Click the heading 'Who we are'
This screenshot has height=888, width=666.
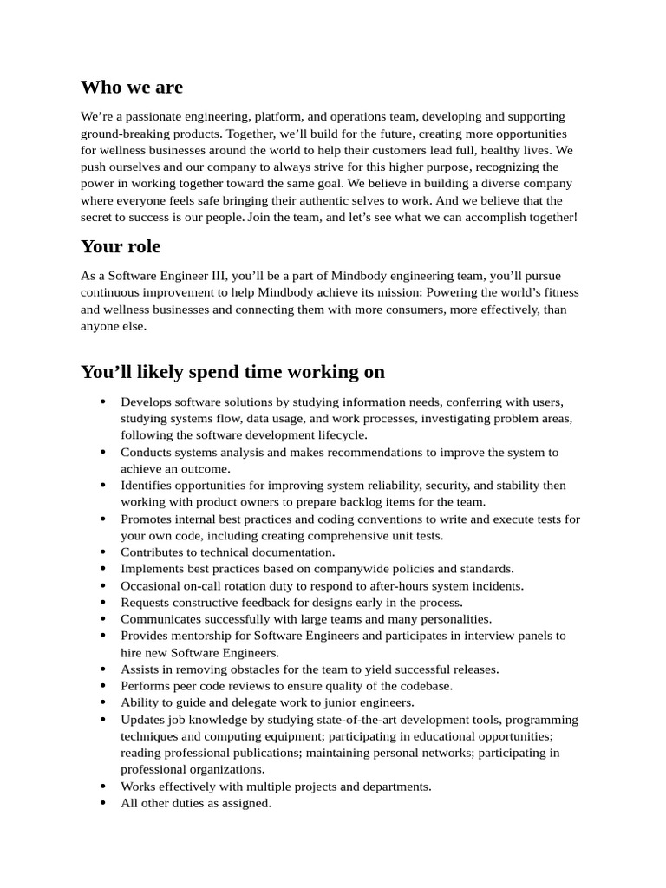coord(132,87)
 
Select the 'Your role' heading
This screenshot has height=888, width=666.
coord(121,246)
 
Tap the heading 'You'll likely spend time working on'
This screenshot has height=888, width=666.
coord(232,372)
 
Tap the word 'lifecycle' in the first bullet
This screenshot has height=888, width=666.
coord(339,435)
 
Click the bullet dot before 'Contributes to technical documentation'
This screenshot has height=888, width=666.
coord(102,552)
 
